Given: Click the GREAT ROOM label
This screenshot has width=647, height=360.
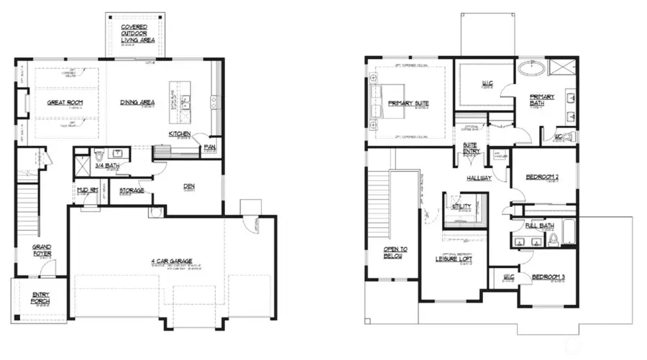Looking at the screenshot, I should (65, 103).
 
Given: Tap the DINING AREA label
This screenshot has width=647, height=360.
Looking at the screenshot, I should (139, 103).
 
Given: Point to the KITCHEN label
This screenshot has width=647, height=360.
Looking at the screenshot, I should (179, 134).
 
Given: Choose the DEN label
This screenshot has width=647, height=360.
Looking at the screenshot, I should (189, 186).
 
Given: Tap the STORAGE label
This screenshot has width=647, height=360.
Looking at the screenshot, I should (132, 190).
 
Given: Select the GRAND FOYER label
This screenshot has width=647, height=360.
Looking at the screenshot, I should (42, 250).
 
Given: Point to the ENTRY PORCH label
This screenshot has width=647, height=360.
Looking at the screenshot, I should (40, 297).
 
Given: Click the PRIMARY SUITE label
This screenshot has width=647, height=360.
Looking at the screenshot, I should (408, 103).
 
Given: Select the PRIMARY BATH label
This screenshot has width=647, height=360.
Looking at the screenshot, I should (542, 100).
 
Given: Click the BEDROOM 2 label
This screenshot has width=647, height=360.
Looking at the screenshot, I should (543, 177).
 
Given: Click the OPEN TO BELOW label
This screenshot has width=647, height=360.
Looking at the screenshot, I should (395, 252).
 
